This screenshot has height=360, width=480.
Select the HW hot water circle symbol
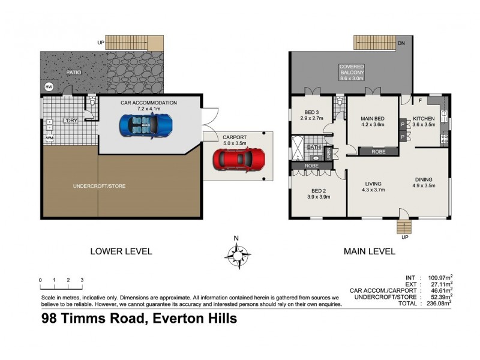49,88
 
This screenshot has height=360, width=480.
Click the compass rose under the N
237,256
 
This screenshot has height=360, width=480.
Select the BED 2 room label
318,193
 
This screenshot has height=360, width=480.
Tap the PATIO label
74,73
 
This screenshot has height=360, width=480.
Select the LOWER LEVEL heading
121,251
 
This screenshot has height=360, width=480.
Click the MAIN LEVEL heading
369,251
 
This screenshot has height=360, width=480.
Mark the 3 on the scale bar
82,280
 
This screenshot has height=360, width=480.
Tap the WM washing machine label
48,138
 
